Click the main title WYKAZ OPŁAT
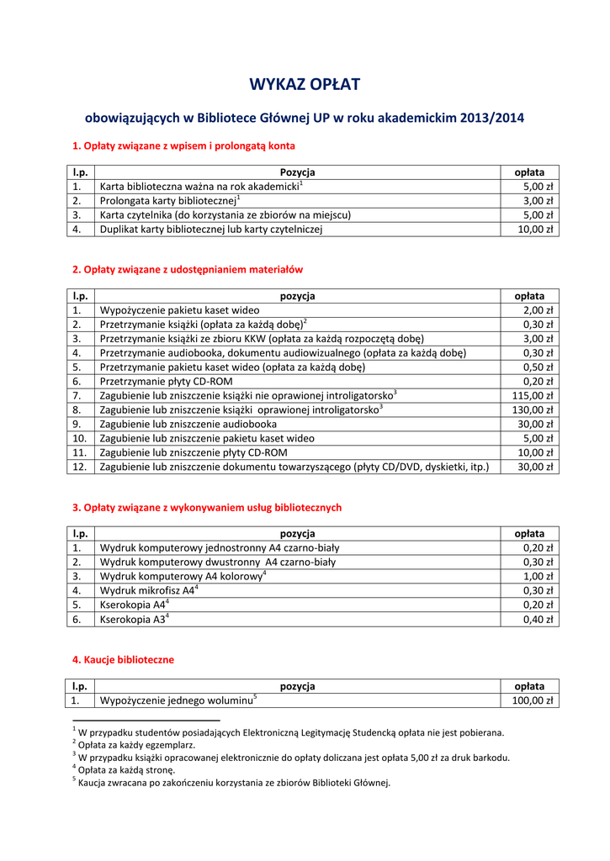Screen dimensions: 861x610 coord(305,84)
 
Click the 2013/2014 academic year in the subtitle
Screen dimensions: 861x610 coord(491,119)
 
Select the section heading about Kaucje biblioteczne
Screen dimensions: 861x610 coord(123,660)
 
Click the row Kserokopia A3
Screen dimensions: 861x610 coord(135,619)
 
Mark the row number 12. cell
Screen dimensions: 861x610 coord(80,467)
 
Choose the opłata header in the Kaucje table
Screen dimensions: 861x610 coord(529,686)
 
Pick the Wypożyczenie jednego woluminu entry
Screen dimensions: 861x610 coord(178,700)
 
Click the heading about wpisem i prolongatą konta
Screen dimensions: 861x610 coord(183,146)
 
